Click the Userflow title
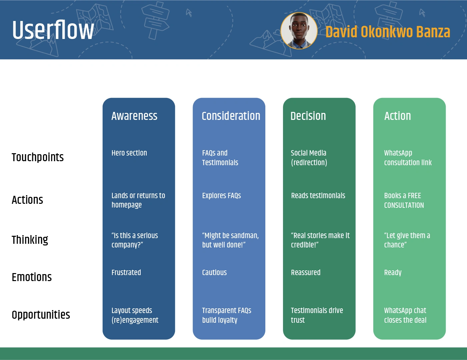[x=53, y=30]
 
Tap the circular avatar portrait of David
[x=299, y=31]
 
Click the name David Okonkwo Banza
[x=388, y=32]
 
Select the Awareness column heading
[x=134, y=116]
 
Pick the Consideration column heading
[x=231, y=116]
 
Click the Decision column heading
[x=308, y=116]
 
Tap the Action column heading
[x=398, y=116]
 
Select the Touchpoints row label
[x=38, y=157]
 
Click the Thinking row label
[x=30, y=240]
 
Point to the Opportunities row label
[x=41, y=315]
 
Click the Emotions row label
[x=32, y=277]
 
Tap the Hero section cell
[x=129, y=153]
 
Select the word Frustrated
[x=126, y=272]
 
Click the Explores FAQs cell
[x=221, y=195]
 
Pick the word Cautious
[x=214, y=272]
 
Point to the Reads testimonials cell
[x=318, y=195]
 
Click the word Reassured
[x=306, y=272]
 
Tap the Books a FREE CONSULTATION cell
[x=404, y=200]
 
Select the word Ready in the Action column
[x=393, y=273]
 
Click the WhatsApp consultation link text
[x=408, y=158]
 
